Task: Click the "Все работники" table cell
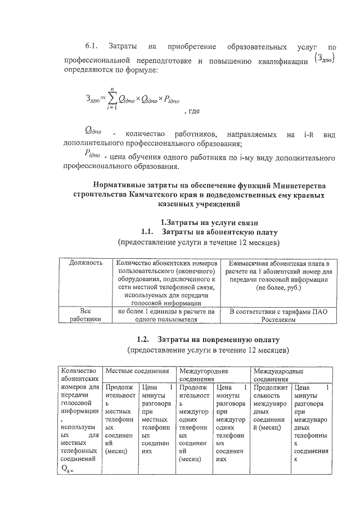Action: click(85, 315)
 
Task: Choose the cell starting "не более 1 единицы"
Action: click(166, 315)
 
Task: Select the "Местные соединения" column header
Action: click(138, 371)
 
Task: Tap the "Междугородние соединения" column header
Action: click(202, 375)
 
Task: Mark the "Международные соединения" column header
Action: click(278, 375)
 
